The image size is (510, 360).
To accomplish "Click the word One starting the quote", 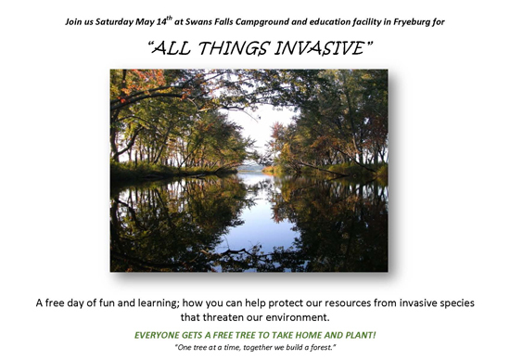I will [x=185, y=348].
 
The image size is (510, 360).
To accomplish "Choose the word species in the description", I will [x=453, y=302].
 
